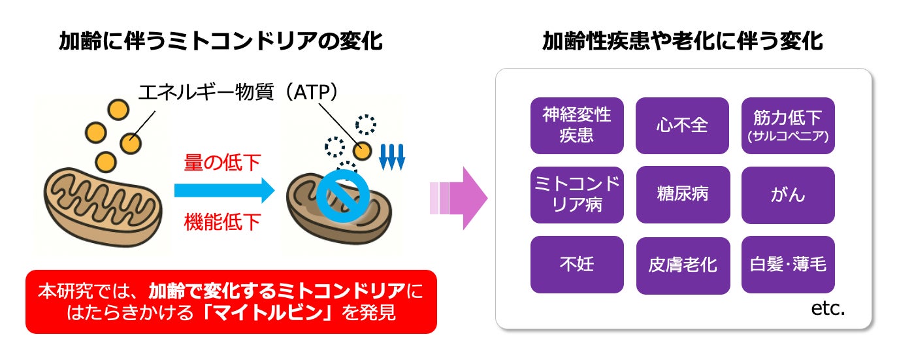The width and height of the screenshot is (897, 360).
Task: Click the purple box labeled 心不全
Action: pos(682,125)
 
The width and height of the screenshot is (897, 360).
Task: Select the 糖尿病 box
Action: pos(682,195)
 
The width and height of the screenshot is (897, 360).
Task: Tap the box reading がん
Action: pos(788,195)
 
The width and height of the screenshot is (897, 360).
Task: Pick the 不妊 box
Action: pos(577,264)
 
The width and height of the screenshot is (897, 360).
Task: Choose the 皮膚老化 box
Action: pos(682,264)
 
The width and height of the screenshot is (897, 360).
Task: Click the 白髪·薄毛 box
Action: pos(788,264)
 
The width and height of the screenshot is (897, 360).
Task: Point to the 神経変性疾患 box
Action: pos(577,125)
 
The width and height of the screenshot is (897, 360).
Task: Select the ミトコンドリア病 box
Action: pos(577,195)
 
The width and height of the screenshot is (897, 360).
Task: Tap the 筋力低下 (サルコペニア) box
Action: pos(788,125)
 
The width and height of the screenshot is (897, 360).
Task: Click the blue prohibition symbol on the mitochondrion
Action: pos(343,193)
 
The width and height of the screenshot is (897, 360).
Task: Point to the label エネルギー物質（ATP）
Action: pos(238,91)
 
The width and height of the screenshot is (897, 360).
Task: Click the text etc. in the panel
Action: pos(828,308)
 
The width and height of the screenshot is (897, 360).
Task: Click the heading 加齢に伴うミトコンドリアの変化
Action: pos(220,42)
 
